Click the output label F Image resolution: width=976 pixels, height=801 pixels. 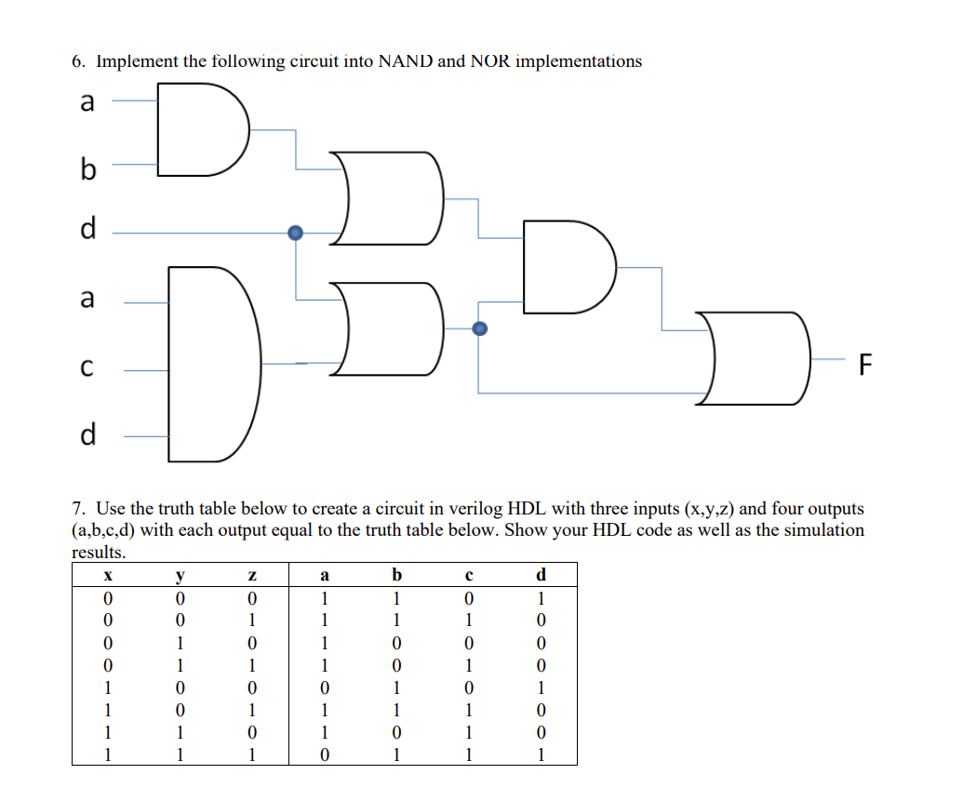pyautogui.click(x=865, y=366)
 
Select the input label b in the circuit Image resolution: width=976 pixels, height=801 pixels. pyautogui.click(x=87, y=169)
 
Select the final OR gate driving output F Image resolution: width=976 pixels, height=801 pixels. pyautogui.click(x=755, y=358)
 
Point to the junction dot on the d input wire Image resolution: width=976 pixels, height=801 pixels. pyautogui.click(x=295, y=233)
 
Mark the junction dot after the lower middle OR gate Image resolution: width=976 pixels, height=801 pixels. pyautogui.click(x=479, y=327)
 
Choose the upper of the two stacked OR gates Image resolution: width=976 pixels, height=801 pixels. pyautogui.click(x=392, y=197)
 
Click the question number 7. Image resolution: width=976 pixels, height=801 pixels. pyautogui.click(x=79, y=509)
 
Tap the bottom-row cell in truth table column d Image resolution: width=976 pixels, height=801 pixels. pyautogui.click(x=541, y=754)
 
